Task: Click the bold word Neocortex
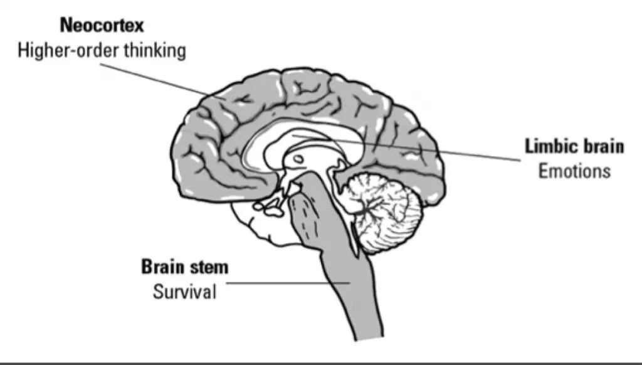[102, 25]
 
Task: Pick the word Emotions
[574, 171]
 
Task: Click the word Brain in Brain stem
[162, 267]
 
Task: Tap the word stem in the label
[208, 267]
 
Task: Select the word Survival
[184, 292]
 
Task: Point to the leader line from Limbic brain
[406, 148]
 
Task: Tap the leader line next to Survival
[288, 283]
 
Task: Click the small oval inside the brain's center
[298, 159]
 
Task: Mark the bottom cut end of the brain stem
[369, 337]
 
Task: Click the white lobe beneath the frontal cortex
[266, 223]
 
